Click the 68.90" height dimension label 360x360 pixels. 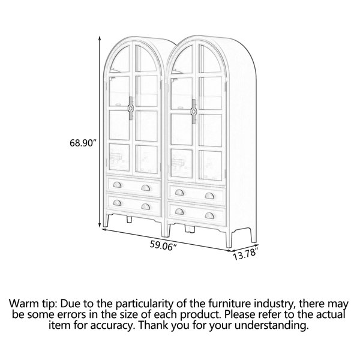pyautogui.click(x=82, y=143)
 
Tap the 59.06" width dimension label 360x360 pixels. pyautogui.click(x=163, y=245)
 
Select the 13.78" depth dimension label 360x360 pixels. pyautogui.click(x=245, y=254)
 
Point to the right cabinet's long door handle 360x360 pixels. pyautogui.click(x=194, y=112)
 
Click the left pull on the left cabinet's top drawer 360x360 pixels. pyautogui.click(x=117, y=185)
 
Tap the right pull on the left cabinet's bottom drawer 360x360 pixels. pyautogui.click(x=146, y=206)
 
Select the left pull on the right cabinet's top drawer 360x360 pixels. pyautogui.click(x=179, y=193)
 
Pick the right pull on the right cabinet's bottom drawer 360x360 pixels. pyautogui.click(x=209, y=215)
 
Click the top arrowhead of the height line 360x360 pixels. pyautogui.click(x=100, y=38)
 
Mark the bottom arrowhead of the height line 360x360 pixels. pyautogui.click(x=100, y=225)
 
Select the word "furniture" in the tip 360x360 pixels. pyautogui.click(x=230, y=303)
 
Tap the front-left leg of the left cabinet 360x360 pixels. pyautogui.click(x=106, y=220)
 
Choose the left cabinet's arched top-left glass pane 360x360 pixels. pyautogui.click(x=119, y=59)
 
